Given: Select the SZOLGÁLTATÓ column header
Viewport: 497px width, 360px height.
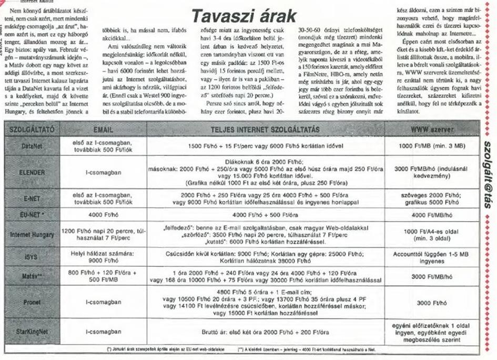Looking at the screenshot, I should pos(31,128).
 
